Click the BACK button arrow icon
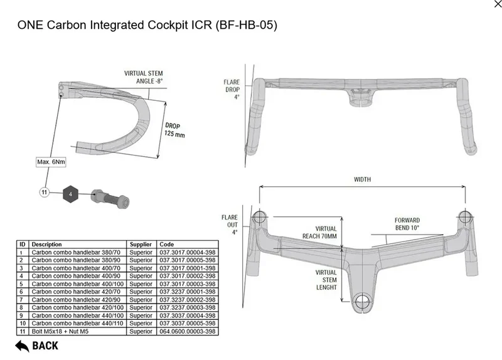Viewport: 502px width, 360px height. (x=22, y=346)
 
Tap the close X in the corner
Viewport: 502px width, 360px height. (x=498, y=4)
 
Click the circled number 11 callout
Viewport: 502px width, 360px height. (x=44, y=193)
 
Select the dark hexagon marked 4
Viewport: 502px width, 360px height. (x=70, y=194)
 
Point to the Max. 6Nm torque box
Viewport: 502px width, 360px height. (x=51, y=162)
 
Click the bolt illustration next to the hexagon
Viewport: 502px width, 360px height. (x=110, y=199)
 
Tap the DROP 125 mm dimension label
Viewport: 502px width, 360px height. (x=174, y=130)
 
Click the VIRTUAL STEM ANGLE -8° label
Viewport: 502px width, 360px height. (x=144, y=77)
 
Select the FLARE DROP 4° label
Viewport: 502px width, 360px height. (x=232, y=89)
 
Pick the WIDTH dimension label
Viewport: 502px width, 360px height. (x=362, y=179)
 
